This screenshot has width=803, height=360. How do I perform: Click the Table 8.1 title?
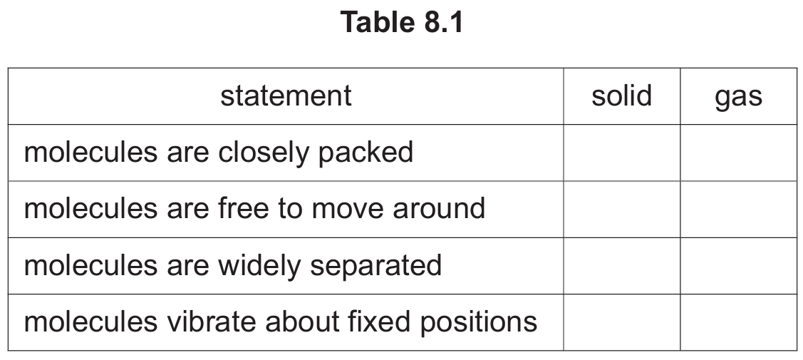point(402,23)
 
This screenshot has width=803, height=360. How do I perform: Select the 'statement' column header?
point(286,96)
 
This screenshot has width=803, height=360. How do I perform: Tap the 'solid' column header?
point(622,96)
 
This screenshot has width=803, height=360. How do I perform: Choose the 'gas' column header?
point(738,97)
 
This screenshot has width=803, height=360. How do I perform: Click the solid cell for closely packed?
point(622,153)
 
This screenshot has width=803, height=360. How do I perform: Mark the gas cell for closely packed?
point(738,153)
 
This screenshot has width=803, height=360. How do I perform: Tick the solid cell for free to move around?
point(622,210)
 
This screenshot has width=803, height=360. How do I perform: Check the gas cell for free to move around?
point(738,210)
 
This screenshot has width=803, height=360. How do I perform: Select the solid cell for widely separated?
point(622,266)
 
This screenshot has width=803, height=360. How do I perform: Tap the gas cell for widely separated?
point(738,266)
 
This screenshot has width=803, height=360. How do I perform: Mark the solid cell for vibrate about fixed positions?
point(622,323)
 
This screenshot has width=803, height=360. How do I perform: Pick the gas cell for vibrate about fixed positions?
point(738,323)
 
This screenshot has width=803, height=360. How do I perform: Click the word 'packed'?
point(366,153)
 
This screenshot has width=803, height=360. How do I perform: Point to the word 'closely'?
point(263,153)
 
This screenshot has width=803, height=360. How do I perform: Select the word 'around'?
point(439,208)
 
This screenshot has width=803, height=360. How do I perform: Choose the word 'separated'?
point(376,267)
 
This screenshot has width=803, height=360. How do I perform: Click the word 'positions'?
point(479,323)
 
